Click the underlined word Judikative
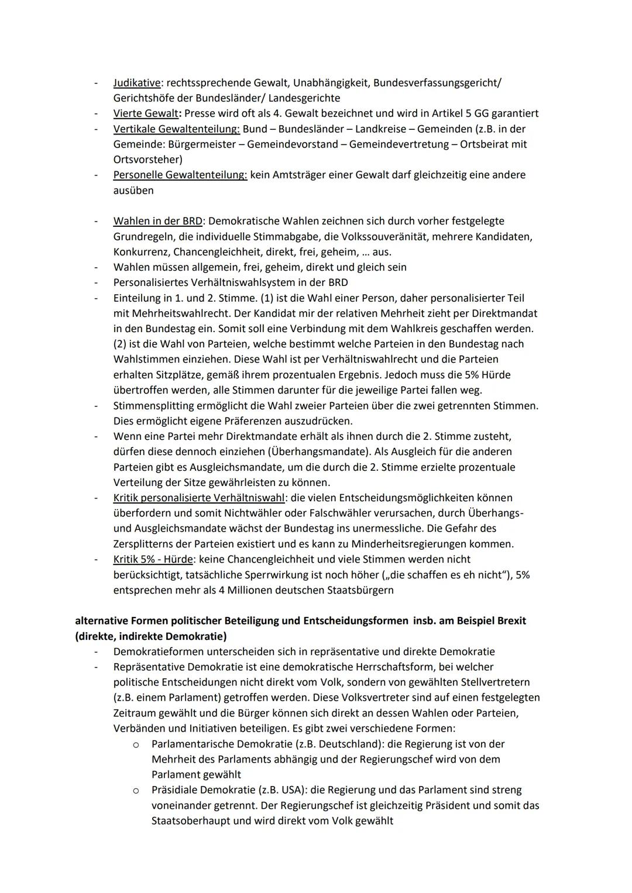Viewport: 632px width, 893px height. (x=136, y=83)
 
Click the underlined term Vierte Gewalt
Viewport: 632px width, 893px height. (x=145, y=113)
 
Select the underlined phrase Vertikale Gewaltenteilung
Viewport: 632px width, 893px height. (x=177, y=129)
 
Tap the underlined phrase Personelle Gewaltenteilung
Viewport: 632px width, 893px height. (x=180, y=175)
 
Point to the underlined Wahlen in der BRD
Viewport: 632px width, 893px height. (x=157, y=221)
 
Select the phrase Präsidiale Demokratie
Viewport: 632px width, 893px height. (x=205, y=789)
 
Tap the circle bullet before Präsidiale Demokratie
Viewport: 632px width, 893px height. (x=135, y=791)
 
